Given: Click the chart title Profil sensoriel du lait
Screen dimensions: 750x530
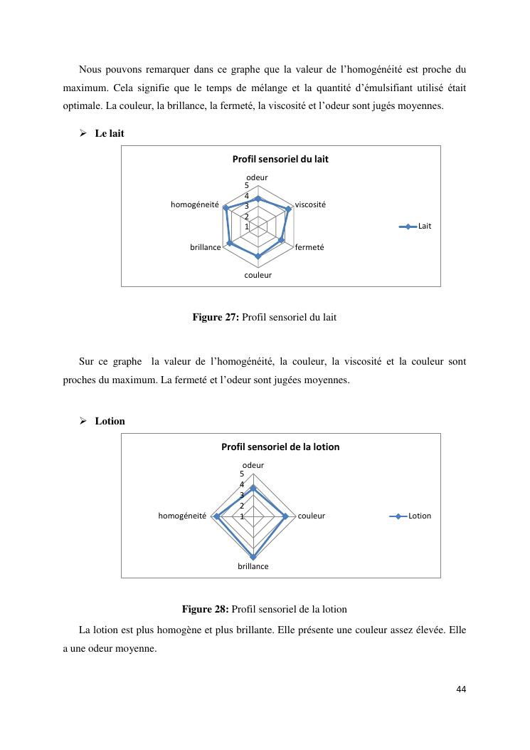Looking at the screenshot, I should pyautogui.click(x=280, y=159).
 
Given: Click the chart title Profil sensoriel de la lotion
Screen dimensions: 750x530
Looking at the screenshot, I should pyautogui.click(x=280, y=447).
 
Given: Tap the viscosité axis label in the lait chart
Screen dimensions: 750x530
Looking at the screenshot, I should pyautogui.click(x=310, y=204).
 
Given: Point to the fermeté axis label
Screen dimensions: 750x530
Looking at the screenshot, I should pyautogui.click(x=309, y=247).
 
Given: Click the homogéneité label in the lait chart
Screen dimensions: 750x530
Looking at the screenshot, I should pyautogui.click(x=194, y=204).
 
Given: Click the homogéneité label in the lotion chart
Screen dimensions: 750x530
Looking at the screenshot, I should pyautogui.click(x=182, y=516).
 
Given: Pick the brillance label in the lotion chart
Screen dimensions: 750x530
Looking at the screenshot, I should pyautogui.click(x=253, y=566).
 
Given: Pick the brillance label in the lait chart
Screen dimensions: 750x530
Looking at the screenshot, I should pyautogui.click(x=205, y=247).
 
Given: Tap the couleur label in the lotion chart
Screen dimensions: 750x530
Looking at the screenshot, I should pyautogui.click(x=311, y=516).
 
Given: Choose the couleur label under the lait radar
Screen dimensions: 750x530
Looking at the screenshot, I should pyautogui.click(x=258, y=274).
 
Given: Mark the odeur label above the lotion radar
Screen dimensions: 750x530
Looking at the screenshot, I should pyautogui.click(x=253, y=465).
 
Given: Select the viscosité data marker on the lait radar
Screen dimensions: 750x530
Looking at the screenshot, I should pyautogui.click(x=289, y=209).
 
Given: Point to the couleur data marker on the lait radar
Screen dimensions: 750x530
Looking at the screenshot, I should pyautogui.click(x=258, y=255).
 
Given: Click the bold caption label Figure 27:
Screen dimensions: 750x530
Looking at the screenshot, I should pyautogui.click(x=216, y=317).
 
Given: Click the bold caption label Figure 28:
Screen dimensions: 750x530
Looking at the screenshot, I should pyautogui.click(x=206, y=609).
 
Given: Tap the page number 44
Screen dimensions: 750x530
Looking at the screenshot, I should pyautogui.click(x=461, y=689).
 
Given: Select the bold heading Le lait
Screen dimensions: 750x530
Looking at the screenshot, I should pyautogui.click(x=110, y=133).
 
